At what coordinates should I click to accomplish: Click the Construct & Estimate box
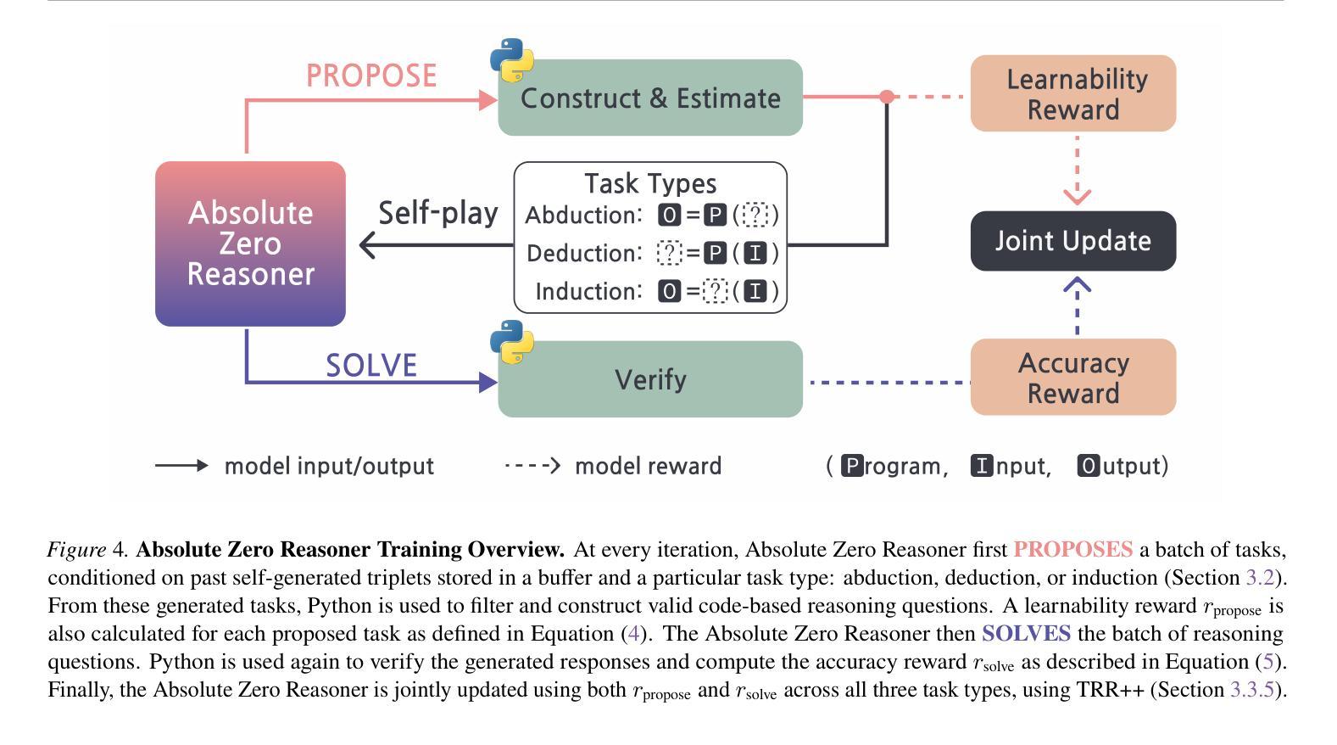point(649,98)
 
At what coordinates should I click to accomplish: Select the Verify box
point(649,379)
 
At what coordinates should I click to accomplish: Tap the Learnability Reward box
point(1072,93)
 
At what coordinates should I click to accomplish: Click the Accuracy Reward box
point(1072,378)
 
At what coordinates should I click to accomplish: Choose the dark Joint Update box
point(1072,241)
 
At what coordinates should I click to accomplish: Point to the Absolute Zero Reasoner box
point(250,244)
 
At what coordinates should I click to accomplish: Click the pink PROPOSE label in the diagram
point(371,76)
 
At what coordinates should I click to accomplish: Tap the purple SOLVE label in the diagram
point(371,366)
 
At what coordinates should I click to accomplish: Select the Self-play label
point(437,213)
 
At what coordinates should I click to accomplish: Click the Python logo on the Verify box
point(512,342)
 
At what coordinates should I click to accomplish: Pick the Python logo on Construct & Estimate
point(512,60)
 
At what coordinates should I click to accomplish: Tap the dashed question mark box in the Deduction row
point(669,253)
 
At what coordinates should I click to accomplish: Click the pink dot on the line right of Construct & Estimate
point(887,97)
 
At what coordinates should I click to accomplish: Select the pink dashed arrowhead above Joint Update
point(1077,197)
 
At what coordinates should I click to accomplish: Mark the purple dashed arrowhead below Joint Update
point(1077,285)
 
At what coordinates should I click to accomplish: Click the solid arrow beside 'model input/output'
point(181,466)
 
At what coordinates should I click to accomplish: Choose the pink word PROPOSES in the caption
point(1072,550)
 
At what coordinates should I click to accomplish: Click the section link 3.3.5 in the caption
point(1251,690)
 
